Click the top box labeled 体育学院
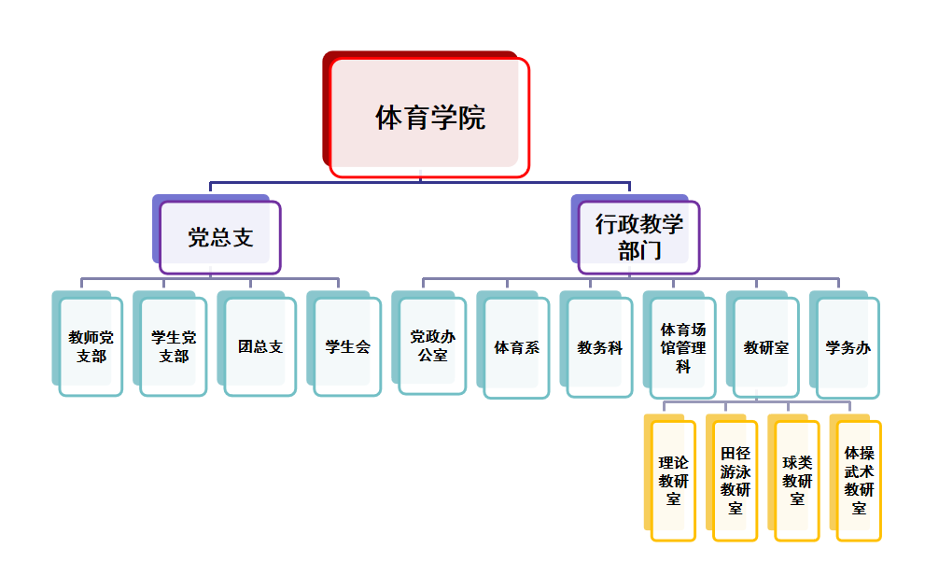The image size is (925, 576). tap(429, 118)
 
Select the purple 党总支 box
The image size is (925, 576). tap(220, 237)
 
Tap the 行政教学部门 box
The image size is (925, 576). tap(638, 237)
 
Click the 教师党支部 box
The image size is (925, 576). tap(91, 346)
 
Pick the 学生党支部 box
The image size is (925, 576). tap(173, 346)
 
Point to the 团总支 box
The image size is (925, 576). tap(259, 346)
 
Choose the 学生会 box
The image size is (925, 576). tap(347, 346)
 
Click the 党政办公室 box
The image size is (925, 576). tap(432, 346)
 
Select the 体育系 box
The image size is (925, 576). tap(516, 347)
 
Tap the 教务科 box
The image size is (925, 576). tap(599, 347)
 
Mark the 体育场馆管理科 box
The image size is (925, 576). tap(682, 347)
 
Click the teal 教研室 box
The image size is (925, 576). tap(765, 347)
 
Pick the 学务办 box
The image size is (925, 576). tap(848, 347)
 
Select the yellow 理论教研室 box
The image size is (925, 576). tap(673, 481)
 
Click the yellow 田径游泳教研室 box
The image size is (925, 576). tap(735, 481)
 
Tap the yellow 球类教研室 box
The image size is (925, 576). tap(796, 481)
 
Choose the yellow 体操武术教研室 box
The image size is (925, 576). tap(859, 481)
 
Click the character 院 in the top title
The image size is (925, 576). tap(472, 119)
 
